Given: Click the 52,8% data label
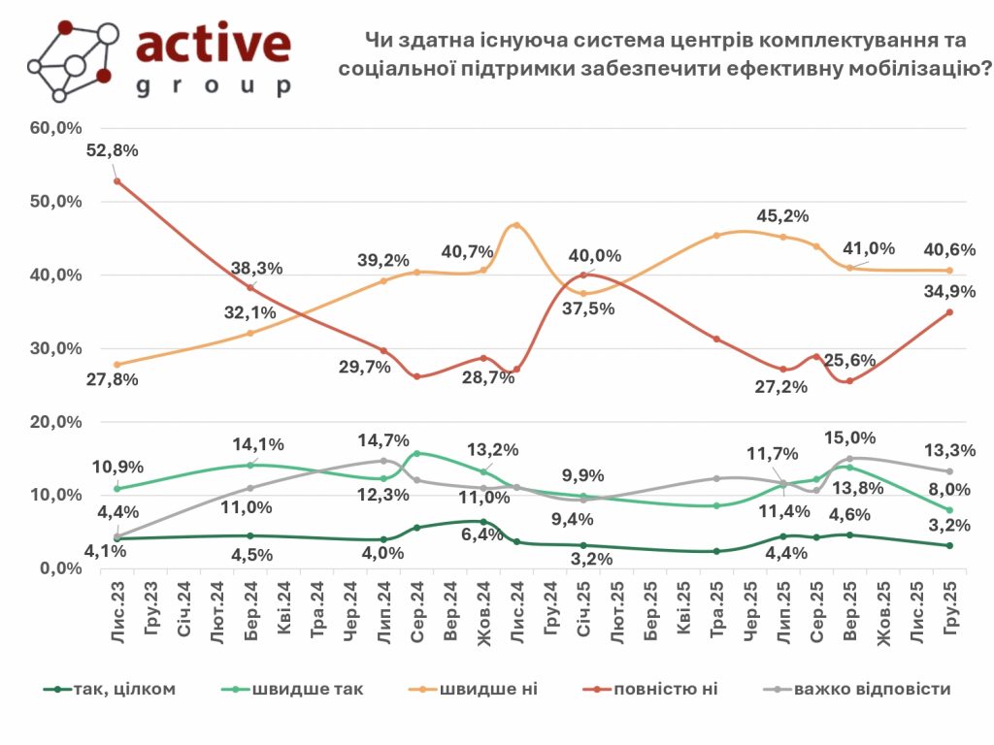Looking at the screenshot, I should tap(115, 150).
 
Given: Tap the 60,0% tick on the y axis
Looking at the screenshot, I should tap(57, 128).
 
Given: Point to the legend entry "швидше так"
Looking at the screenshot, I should tap(307, 689).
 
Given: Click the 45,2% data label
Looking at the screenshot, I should tap(783, 215).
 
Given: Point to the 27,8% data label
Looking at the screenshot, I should tap(114, 379).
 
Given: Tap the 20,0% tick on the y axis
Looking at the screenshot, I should tap(57, 422).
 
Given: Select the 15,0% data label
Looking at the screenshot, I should tap(849, 438).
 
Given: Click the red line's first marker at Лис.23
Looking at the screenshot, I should tap(117, 181).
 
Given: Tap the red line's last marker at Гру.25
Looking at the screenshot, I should tap(949, 312).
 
